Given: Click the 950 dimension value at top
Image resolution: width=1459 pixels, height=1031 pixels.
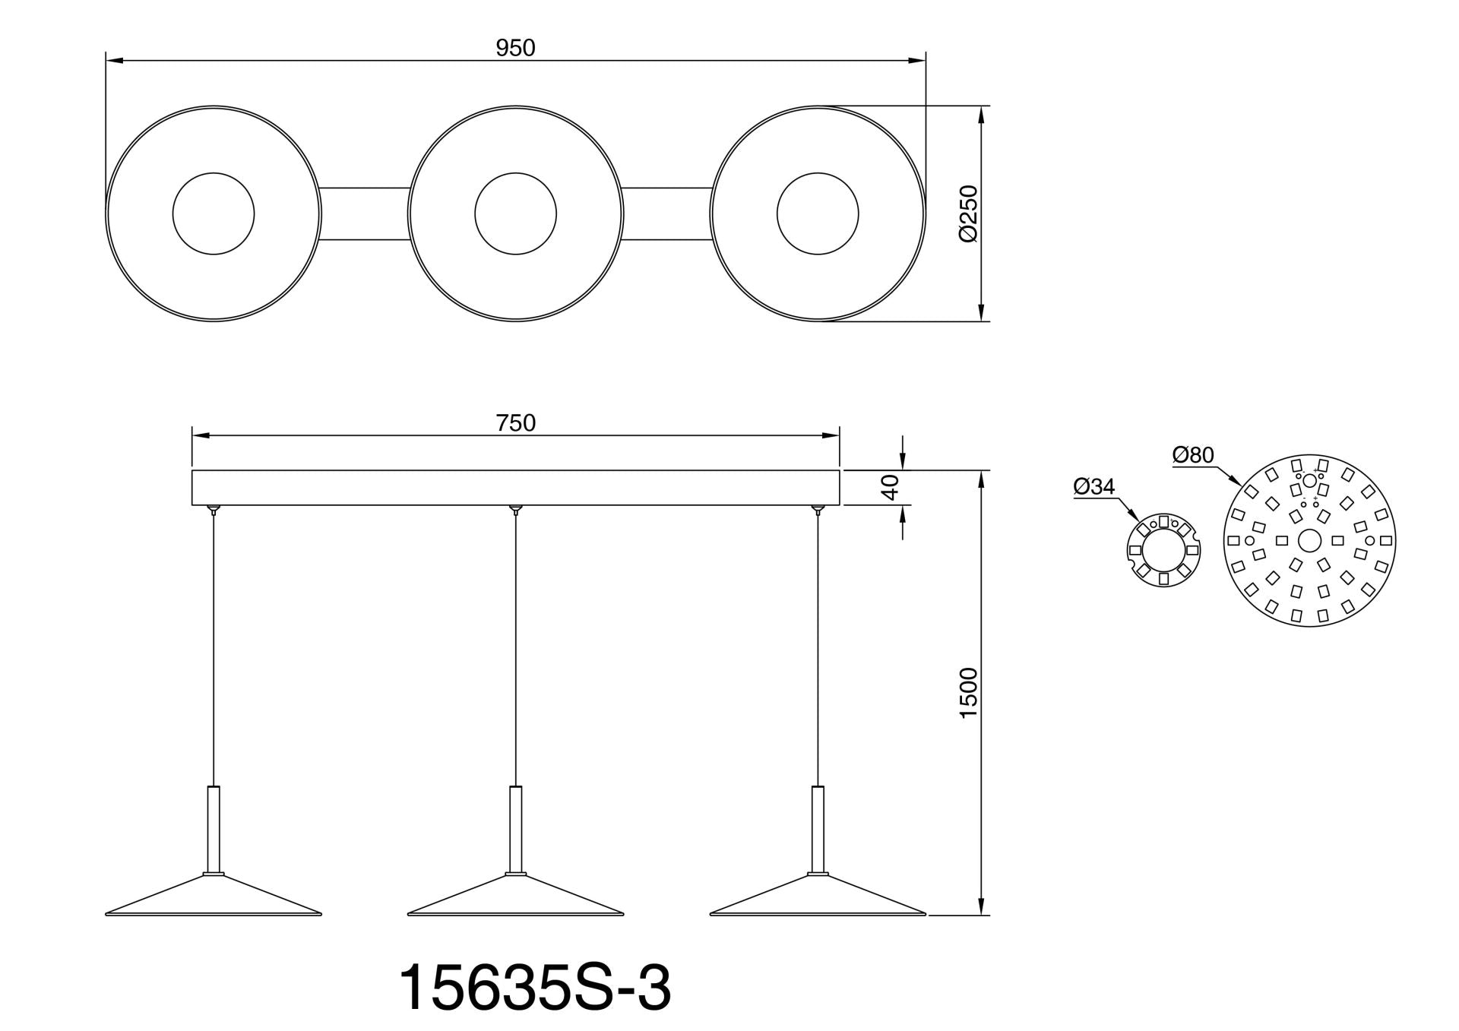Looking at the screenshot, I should (x=515, y=48).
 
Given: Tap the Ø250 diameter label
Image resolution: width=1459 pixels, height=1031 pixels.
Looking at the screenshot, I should (x=968, y=213).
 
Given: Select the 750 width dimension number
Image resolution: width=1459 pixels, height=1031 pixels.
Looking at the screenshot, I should (x=515, y=422).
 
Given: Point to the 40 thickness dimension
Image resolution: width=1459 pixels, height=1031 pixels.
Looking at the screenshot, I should (x=891, y=487).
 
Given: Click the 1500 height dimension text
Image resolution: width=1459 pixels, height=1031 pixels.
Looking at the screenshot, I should (x=968, y=693).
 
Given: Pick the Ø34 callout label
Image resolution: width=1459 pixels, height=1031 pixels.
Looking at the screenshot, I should (x=1094, y=486).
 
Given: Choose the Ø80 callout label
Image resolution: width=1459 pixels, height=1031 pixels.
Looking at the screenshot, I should (x=1193, y=455).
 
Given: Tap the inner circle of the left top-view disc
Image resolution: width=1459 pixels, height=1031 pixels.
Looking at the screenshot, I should (x=214, y=213).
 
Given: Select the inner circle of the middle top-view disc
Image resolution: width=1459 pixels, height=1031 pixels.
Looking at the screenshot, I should (x=515, y=213).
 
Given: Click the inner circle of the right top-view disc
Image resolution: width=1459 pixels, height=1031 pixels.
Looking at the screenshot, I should (x=818, y=213).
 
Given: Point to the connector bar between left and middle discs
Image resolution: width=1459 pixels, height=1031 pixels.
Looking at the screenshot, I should (x=366, y=213).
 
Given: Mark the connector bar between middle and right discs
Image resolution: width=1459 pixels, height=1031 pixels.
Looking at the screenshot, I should (x=667, y=213).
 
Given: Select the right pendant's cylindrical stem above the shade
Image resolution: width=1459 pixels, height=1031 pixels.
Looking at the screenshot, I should (x=818, y=828).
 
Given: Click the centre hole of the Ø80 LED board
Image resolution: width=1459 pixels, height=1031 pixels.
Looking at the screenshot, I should (x=1309, y=540).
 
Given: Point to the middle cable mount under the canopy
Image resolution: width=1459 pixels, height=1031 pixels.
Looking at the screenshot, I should (x=516, y=509).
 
